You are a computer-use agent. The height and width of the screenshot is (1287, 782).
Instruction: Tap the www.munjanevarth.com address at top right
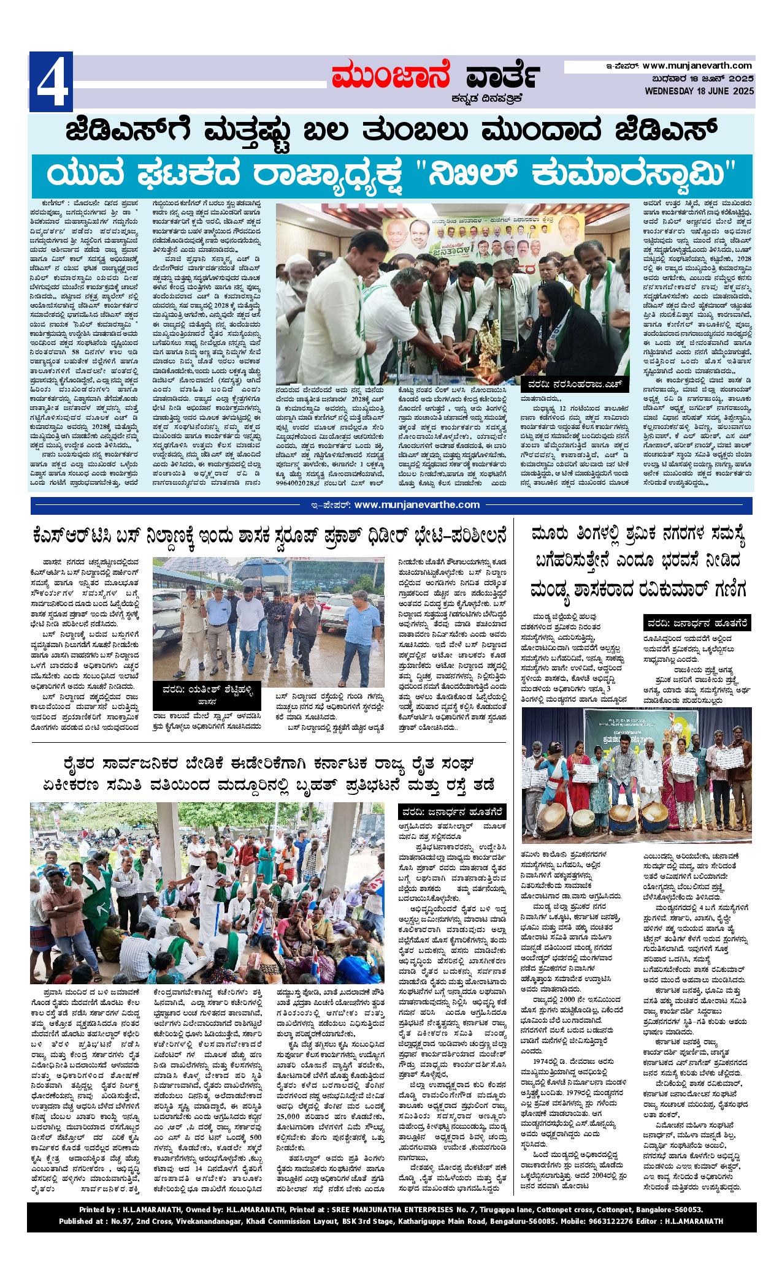coord(697,65)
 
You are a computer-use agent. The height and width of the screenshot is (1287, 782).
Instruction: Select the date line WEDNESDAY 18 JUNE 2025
coord(699,91)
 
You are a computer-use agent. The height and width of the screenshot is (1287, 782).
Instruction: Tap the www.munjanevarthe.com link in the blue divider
coord(417,504)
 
